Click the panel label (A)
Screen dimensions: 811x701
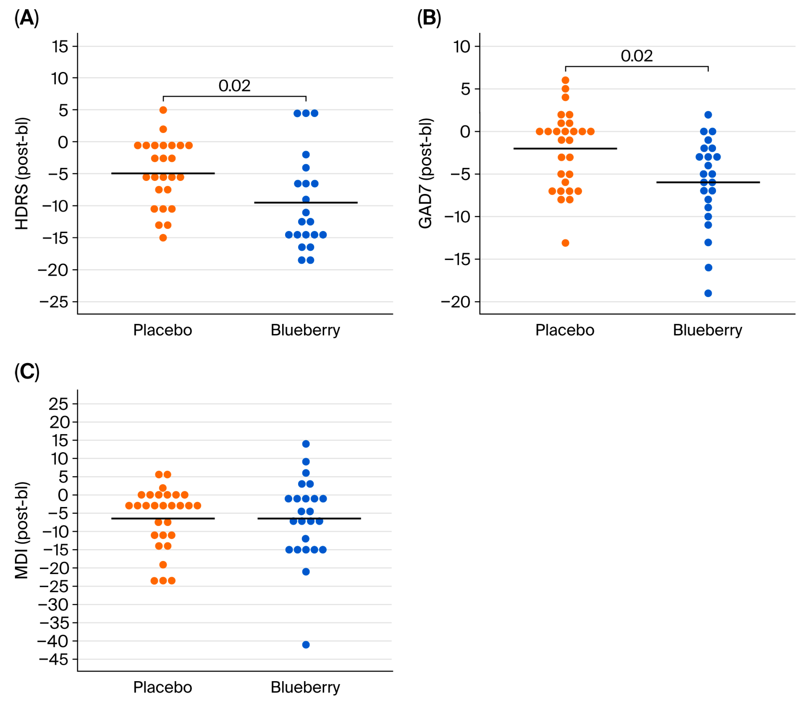pos(27,18)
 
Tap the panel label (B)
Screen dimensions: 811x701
pos(429,18)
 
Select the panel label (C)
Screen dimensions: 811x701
pos(27,372)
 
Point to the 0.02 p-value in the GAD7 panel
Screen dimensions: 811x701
pos(637,56)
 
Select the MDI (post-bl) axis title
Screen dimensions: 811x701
pos(22,530)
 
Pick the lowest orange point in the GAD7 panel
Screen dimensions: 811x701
pos(566,243)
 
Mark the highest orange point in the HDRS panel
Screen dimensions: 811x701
pos(163,110)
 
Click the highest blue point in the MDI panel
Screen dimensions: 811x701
pos(306,444)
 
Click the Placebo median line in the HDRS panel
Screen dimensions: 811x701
pos(163,173)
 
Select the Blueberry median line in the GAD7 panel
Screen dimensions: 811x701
pos(708,182)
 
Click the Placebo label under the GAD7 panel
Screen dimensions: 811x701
pos(565,330)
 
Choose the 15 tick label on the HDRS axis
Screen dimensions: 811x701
pos(60,47)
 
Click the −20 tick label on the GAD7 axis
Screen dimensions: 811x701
pos(456,302)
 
